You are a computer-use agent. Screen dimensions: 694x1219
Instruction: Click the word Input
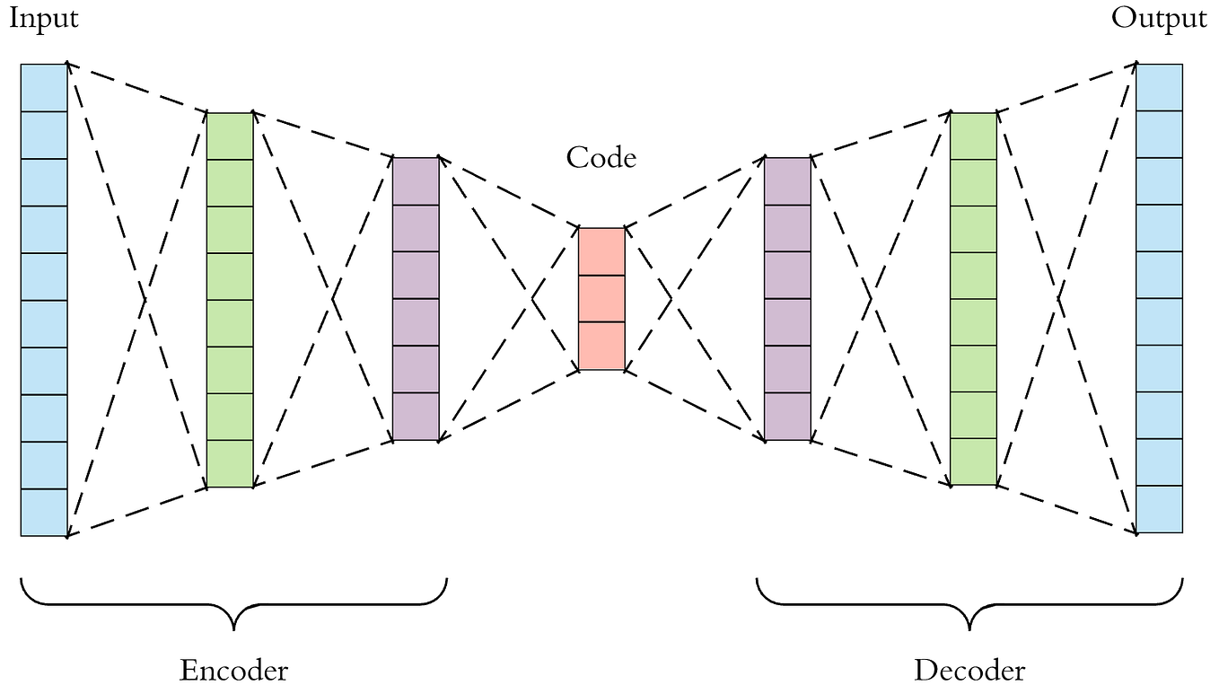click(44, 19)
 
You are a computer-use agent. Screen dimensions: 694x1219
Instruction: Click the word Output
click(1159, 18)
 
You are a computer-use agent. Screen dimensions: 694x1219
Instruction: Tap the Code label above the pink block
click(601, 158)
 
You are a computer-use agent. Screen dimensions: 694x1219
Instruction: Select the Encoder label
click(233, 670)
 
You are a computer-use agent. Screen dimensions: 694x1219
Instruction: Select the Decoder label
click(969, 670)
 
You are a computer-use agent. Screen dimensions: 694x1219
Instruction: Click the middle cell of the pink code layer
click(601, 298)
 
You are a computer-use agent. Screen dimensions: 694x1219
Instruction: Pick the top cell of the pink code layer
click(601, 251)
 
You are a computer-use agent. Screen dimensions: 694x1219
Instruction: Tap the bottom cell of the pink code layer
click(601, 346)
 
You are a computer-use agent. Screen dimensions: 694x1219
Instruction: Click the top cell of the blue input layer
click(44, 87)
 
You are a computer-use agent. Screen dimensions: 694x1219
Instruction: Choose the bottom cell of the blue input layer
click(44, 512)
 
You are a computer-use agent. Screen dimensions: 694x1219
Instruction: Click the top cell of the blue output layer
click(1159, 86)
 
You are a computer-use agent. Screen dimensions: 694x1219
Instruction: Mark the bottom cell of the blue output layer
click(1159, 509)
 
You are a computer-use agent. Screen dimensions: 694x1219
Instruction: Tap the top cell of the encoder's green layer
click(230, 136)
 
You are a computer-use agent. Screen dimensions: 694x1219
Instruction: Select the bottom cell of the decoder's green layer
click(973, 461)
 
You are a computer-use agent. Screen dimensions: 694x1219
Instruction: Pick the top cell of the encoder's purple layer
click(416, 180)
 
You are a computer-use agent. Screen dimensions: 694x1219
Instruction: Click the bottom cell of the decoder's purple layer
click(787, 417)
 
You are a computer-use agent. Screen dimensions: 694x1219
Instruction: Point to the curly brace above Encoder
click(233, 602)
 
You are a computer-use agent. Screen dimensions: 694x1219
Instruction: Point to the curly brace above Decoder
click(969, 602)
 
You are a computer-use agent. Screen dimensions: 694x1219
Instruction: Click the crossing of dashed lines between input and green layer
click(144, 299)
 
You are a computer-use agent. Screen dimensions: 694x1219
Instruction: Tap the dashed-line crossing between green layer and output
click(1059, 297)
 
